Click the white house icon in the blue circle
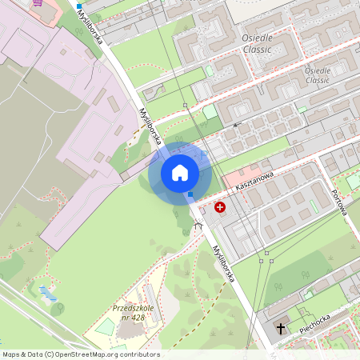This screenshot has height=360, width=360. [180, 172]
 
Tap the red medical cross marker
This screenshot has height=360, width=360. [220, 207]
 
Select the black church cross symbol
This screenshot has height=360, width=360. [281, 328]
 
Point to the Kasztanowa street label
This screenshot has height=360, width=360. [255, 181]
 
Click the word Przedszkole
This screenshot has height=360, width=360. [132, 308]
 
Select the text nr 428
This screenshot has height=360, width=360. [132, 318]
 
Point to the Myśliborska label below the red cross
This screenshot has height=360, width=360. [223, 263]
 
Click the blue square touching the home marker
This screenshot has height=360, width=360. [190, 194]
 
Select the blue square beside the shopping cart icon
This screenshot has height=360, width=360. [79, 6]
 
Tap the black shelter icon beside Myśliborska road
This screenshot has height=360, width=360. [198, 226]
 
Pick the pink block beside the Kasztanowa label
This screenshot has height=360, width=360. [240, 177]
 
